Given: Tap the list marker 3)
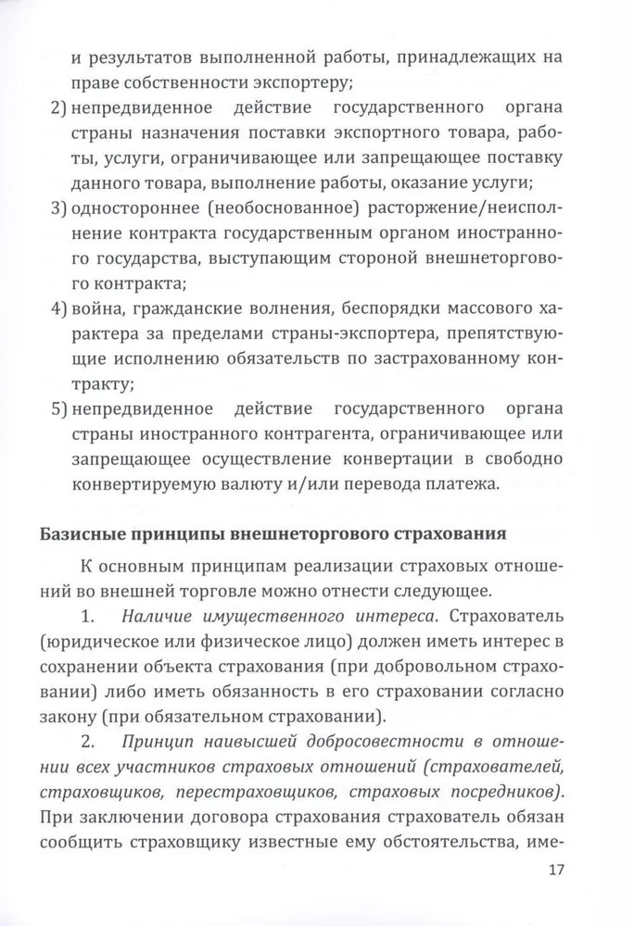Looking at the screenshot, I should click(58, 204).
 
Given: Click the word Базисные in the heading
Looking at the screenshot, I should click(80, 534).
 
